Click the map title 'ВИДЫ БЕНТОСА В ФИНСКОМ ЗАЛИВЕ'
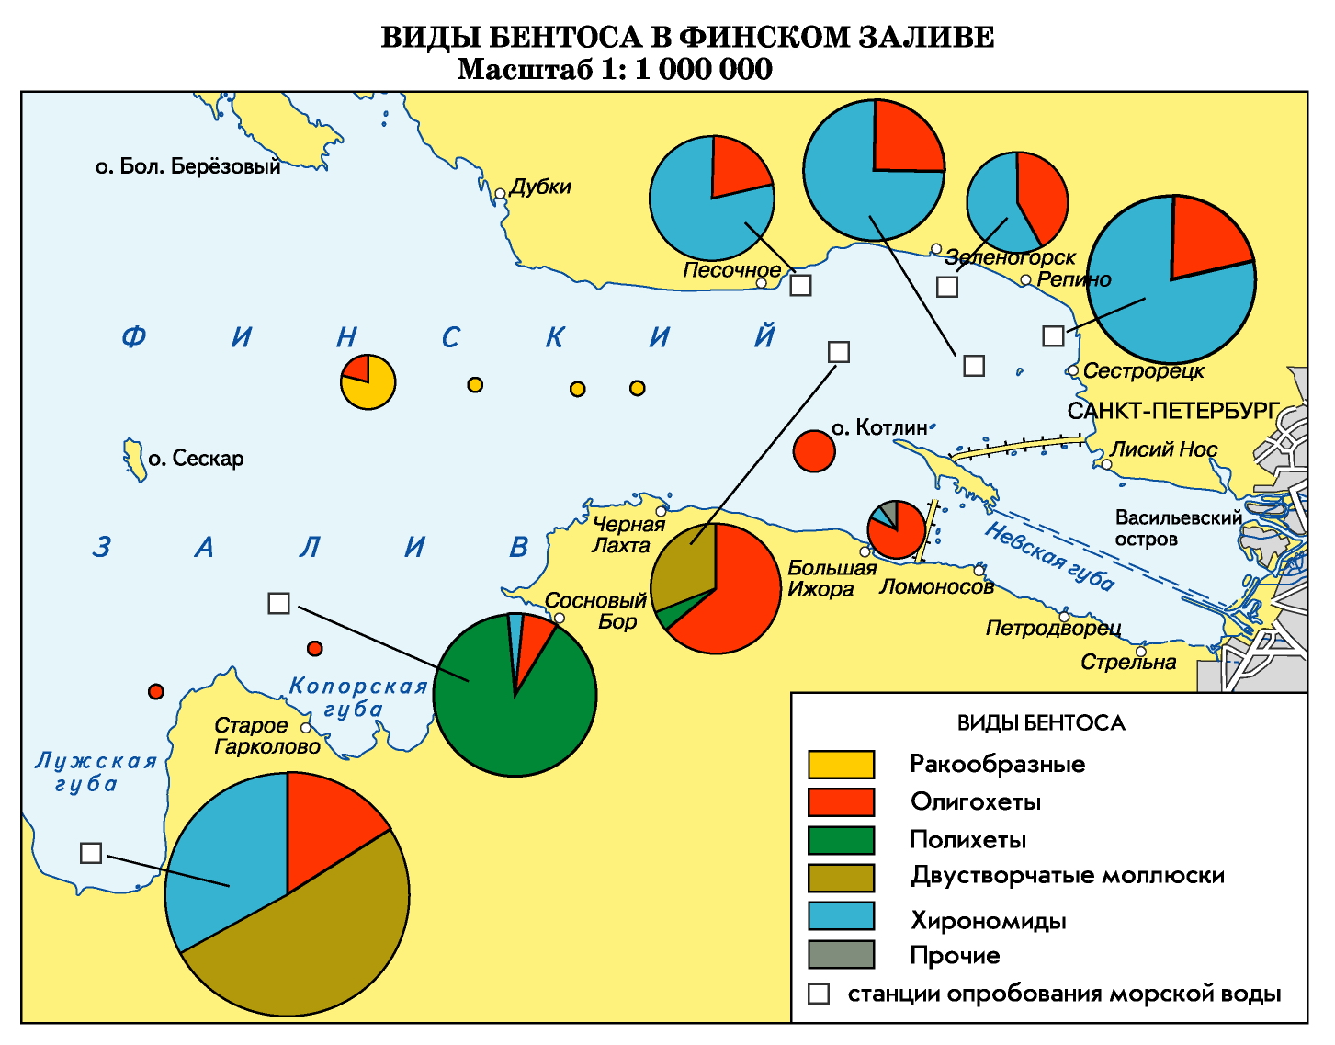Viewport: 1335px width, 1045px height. pyautogui.click(x=687, y=37)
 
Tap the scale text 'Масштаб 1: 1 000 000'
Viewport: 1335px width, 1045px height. pyautogui.click(x=615, y=70)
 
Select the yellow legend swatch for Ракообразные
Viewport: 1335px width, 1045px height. pyautogui.click(x=841, y=765)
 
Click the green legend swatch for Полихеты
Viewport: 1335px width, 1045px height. pyautogui.click(x=841, y=840)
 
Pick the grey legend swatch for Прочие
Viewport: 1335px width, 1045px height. pyautogui.click(x=841, y=954)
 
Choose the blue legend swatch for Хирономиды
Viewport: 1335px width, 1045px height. pyautogui.click(x=841, y=916)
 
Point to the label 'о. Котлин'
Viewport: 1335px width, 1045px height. pyautogui.click(x=879, y=428)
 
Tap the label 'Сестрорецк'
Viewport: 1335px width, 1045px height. pyautogui.click(x=1143, y=371)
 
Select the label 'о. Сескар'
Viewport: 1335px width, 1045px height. pyautogui.click(x=196, y=459)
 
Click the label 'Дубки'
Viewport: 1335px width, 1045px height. pyautogui.click(x=540, y=187)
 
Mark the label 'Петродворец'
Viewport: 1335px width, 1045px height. pyautogui.click(x=1053, y=629)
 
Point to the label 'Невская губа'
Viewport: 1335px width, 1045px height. pyautogui.click(x=1049, y=557)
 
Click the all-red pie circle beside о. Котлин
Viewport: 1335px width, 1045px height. pyautogui.click(x=814, y=451)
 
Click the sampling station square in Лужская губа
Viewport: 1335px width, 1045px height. pyautogui.click(x=91, y=853)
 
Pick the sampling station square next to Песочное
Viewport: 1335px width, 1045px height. pyautogui.click(x=801, y=285)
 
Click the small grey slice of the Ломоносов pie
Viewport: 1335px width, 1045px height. pyautogui.click(x=888, y=511)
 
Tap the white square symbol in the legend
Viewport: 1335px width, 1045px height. pyautogui.click(x=819, y=994)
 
